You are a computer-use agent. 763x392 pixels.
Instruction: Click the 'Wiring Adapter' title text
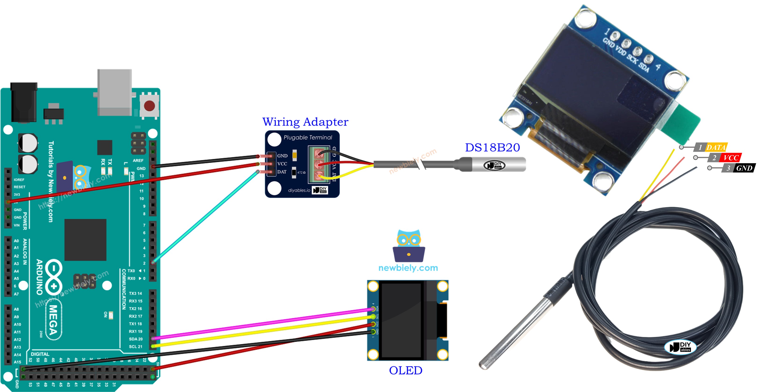click(x=305, y=122)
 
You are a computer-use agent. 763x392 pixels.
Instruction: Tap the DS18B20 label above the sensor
click(x=492, y=147)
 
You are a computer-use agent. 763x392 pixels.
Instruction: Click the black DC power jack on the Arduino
click(x=24, y=102)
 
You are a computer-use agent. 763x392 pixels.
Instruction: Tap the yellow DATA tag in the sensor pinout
click(x=716, y=147)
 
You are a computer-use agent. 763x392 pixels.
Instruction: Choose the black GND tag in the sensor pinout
click(x=744, y=168)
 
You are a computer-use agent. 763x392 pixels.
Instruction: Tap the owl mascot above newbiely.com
click(x=409, y=245)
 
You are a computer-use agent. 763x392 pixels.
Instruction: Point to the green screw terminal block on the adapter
click(x=319, y=165)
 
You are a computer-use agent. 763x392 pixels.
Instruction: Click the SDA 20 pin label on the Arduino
click(x=136, y=339)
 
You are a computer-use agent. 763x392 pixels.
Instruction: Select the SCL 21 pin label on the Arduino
click(x=136, y=346)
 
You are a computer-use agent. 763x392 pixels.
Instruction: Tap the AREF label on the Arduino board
click(x=138, y=161)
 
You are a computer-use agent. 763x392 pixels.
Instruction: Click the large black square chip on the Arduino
click(x=85, y=240)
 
